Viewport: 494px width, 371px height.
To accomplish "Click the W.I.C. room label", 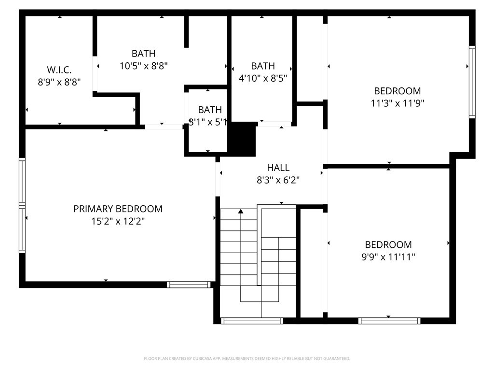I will point(59,70).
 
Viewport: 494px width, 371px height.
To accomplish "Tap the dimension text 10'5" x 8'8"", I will point(144,66).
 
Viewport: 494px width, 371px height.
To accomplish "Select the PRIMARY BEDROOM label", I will point(118,209).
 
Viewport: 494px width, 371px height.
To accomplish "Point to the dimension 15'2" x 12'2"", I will point(118,221).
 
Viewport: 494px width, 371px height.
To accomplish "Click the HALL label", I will point(278,168).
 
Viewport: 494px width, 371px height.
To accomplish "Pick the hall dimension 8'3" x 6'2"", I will point(278,180).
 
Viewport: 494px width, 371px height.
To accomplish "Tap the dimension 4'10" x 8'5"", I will point(263,78).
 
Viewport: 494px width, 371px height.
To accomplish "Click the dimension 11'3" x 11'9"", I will point(398,103).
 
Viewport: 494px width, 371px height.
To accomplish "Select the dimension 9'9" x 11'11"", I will point(388,257).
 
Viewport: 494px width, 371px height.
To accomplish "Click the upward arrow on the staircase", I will point(241,211).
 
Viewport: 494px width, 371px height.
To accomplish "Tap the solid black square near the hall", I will point(242,139).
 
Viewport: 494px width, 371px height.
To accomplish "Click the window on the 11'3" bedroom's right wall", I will point(472,82).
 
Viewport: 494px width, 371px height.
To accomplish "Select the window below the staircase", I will point(251,321).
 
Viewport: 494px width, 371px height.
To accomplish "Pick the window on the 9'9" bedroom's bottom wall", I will point(389,321).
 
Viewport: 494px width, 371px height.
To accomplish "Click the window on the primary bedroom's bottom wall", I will point(189,285).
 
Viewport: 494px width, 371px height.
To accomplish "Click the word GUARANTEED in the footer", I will point(335,358).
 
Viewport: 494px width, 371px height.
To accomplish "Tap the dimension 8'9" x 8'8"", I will point(59,82).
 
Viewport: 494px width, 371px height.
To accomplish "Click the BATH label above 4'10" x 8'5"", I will point(263,66).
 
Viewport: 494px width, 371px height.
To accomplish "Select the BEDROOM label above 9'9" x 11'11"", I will point(388,245).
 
